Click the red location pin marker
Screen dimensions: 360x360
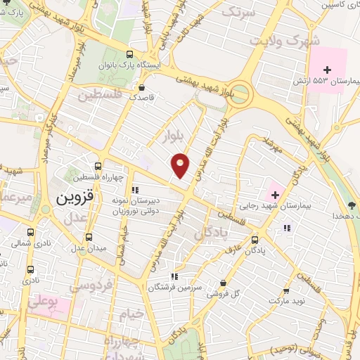(x=181, y=165)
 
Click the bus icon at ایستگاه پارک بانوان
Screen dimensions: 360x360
(x=129, y=54)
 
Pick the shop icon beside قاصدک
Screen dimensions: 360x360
(x=143, y=88)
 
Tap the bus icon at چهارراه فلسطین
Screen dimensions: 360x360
(x=98, y=167)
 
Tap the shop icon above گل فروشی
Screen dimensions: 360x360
(x=223, y=283)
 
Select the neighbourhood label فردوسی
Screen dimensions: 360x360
(x=92, y=286)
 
